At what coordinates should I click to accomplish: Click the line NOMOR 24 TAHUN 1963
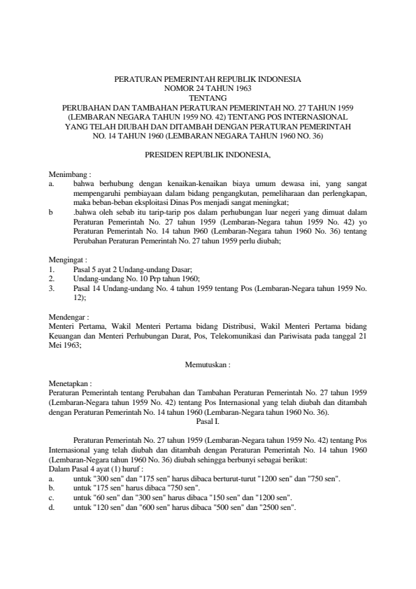[208, 89]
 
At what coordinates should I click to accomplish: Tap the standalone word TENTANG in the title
[208, 97]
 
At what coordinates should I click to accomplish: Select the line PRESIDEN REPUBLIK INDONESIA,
[208, 152]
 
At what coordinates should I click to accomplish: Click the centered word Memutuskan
[208, 364]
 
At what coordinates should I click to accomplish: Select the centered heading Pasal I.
[208, 421]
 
